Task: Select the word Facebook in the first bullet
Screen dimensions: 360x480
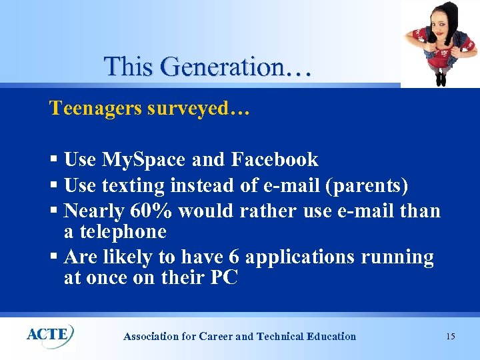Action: tap(275, 160)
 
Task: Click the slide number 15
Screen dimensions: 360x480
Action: tap(450, 336)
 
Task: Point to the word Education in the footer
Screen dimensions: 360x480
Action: tap(331, 337)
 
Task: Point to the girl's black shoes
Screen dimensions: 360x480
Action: tap(441, 79)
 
